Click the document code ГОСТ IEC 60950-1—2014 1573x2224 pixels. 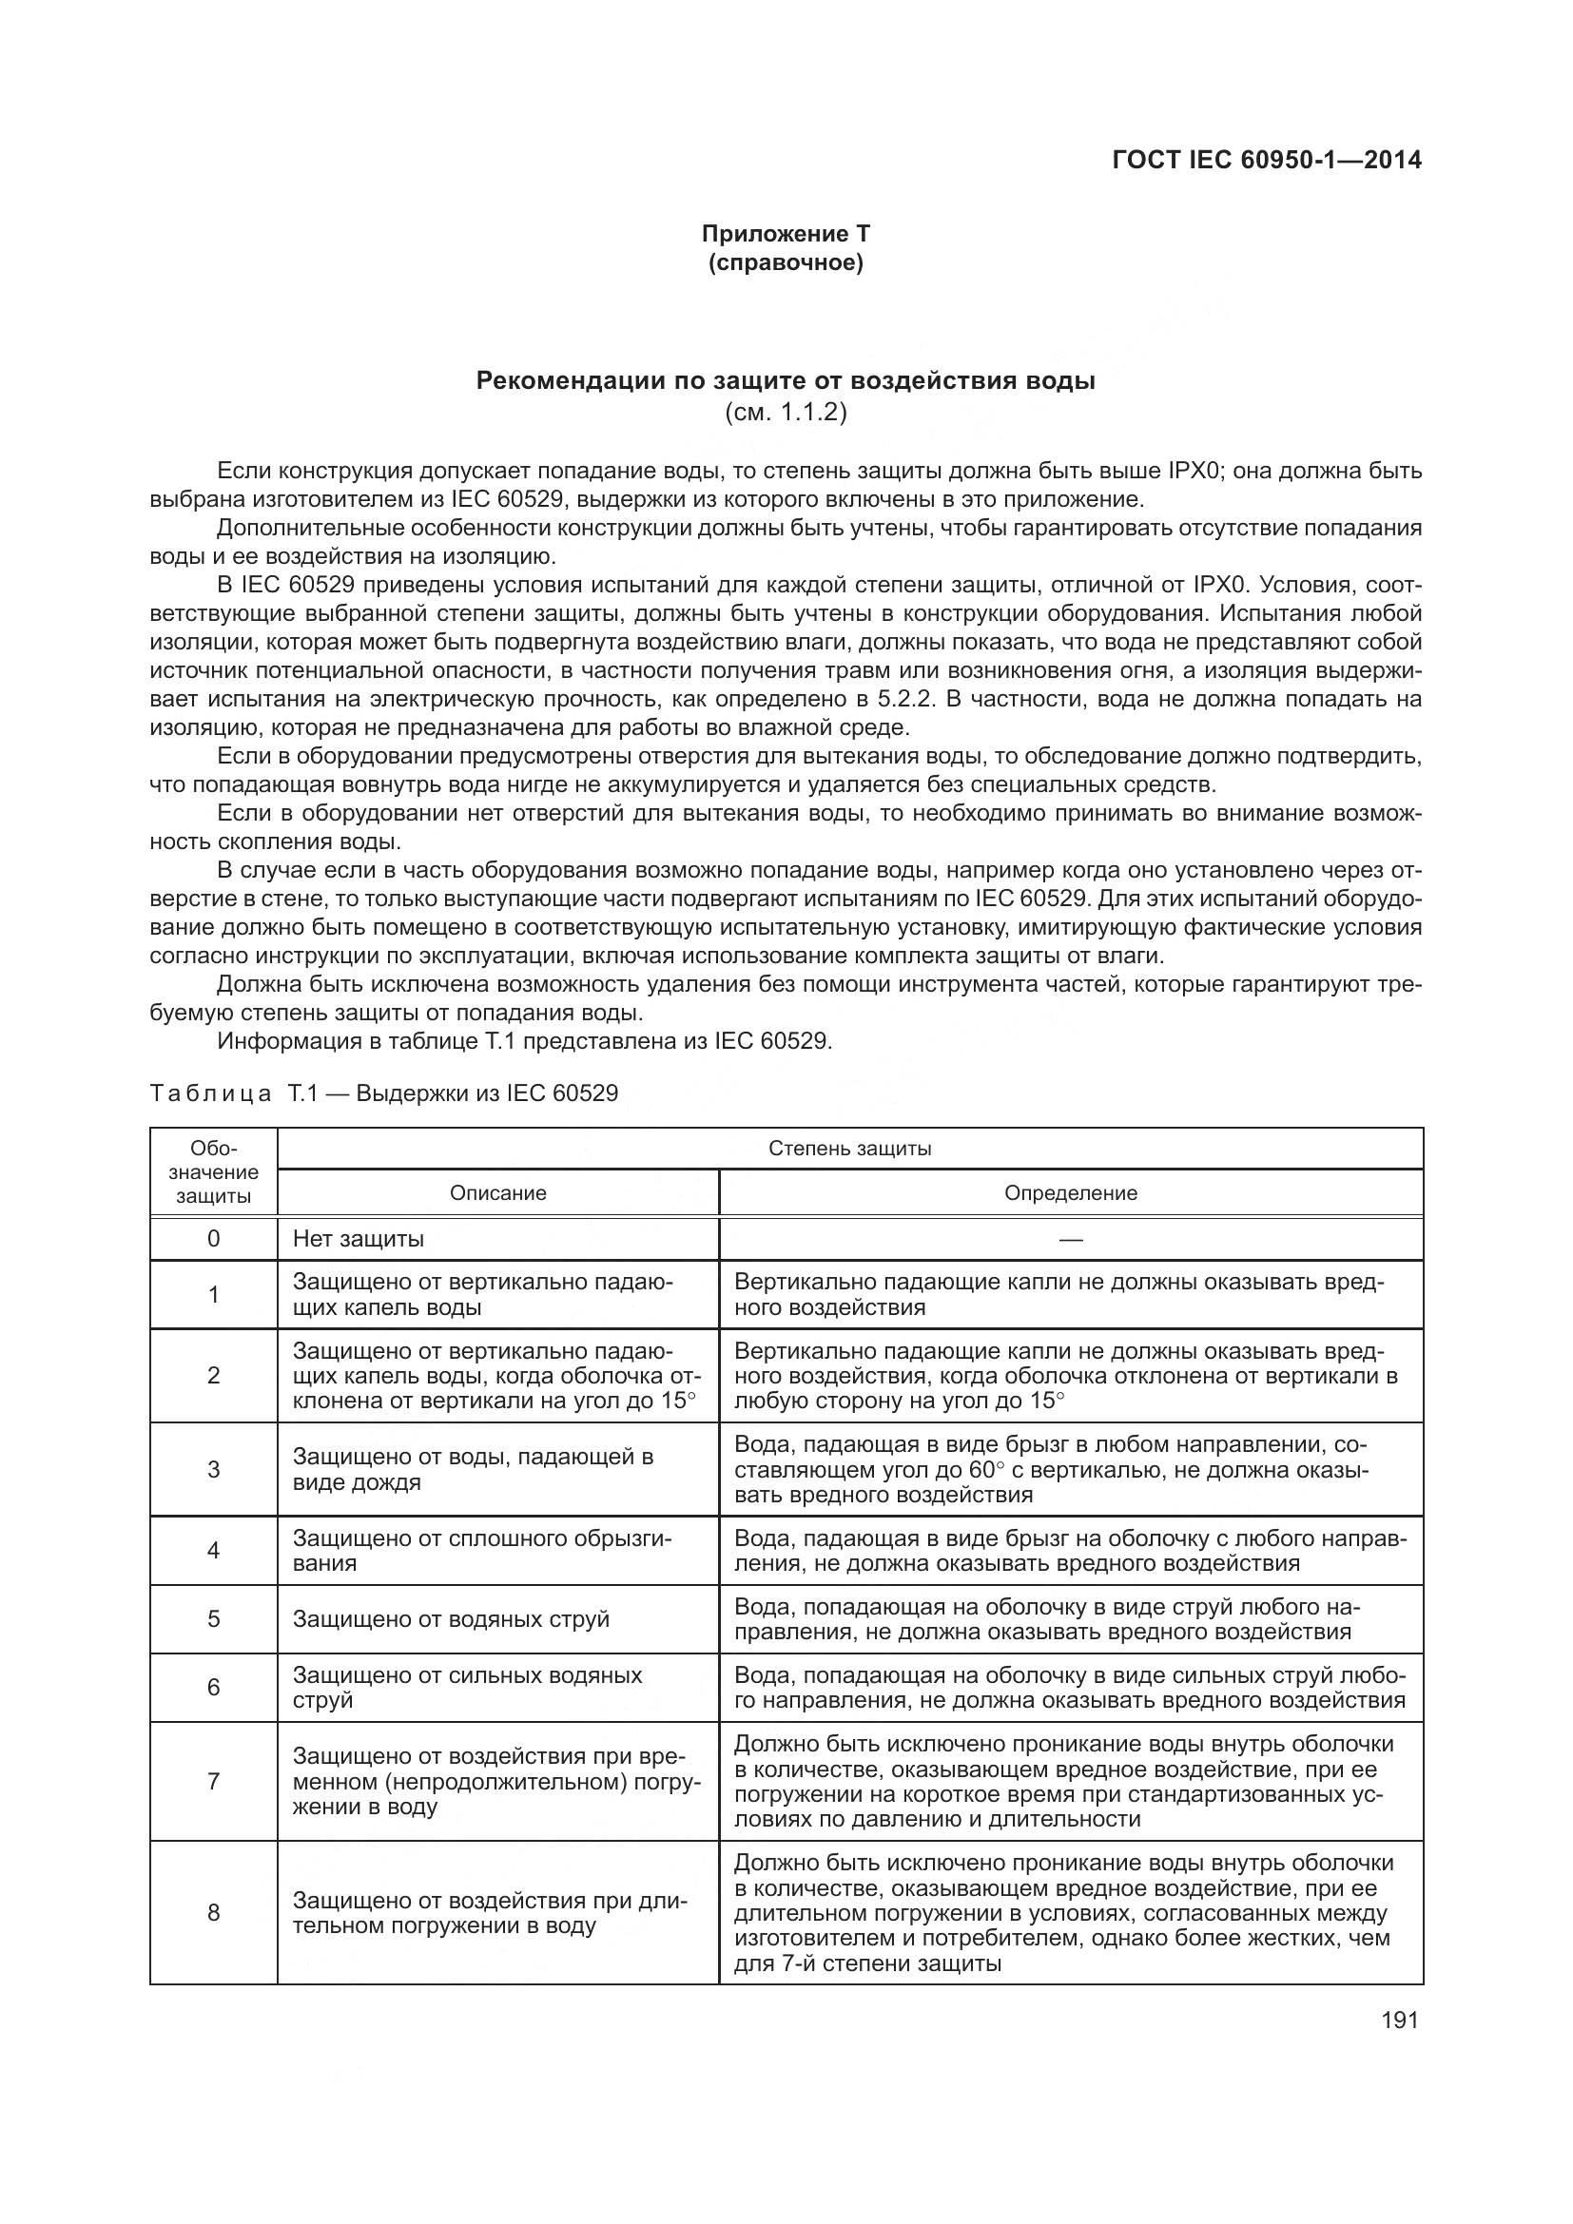(1267, 160)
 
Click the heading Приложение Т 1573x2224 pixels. (786, 234)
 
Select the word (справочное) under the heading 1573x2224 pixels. (786, 262)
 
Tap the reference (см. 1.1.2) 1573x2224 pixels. (786, 413)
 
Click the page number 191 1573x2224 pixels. (1400, 2020)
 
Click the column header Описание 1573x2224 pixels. (497, 1193)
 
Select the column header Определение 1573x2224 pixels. (1070, 1193)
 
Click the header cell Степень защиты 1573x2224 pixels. (849, 1149)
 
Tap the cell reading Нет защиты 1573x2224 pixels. (359, 1239)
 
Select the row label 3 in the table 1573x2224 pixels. (213, 1469)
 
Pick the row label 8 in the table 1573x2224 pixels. (213, 1912)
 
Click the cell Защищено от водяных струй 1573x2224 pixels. (451, 1618)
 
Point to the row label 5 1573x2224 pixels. (213, 1618)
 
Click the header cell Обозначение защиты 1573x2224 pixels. (213, 1172)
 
